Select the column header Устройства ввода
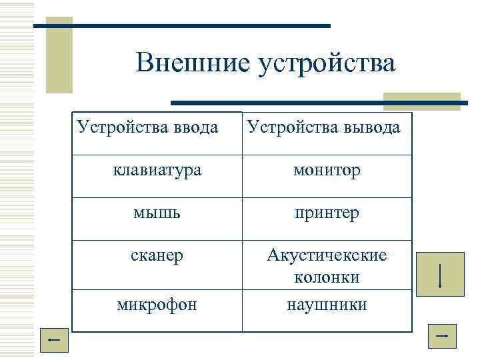click(147, 126)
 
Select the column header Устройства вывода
click(324, 127)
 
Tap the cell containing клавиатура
click(157, 171)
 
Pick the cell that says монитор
click(327, 171)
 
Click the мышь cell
click(157, 213)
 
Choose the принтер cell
click(327, 213)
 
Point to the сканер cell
click(157, 256)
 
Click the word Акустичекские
click(327, 255)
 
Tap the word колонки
click(327, 277)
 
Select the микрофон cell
click(157, 305)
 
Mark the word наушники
click(327, 305)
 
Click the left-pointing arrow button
click(54, 341)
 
